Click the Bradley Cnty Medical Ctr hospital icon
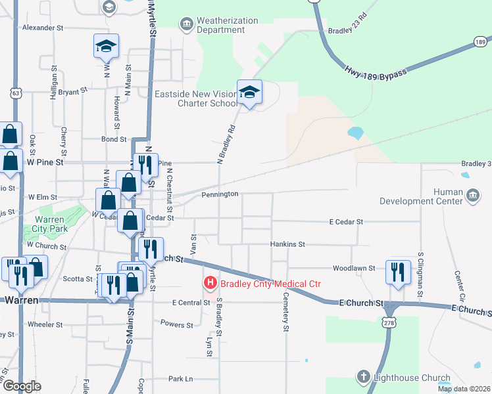click(x=210, y=284)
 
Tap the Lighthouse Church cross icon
click(x=363, y=377)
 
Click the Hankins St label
click(x=287, y=244)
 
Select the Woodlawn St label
click(x=354, y=269)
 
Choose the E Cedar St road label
click(x=346, y=223)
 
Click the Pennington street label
click(x=220, y=194)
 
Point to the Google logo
click(x=22, y=387)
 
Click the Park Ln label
click(x=180, y=379)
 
